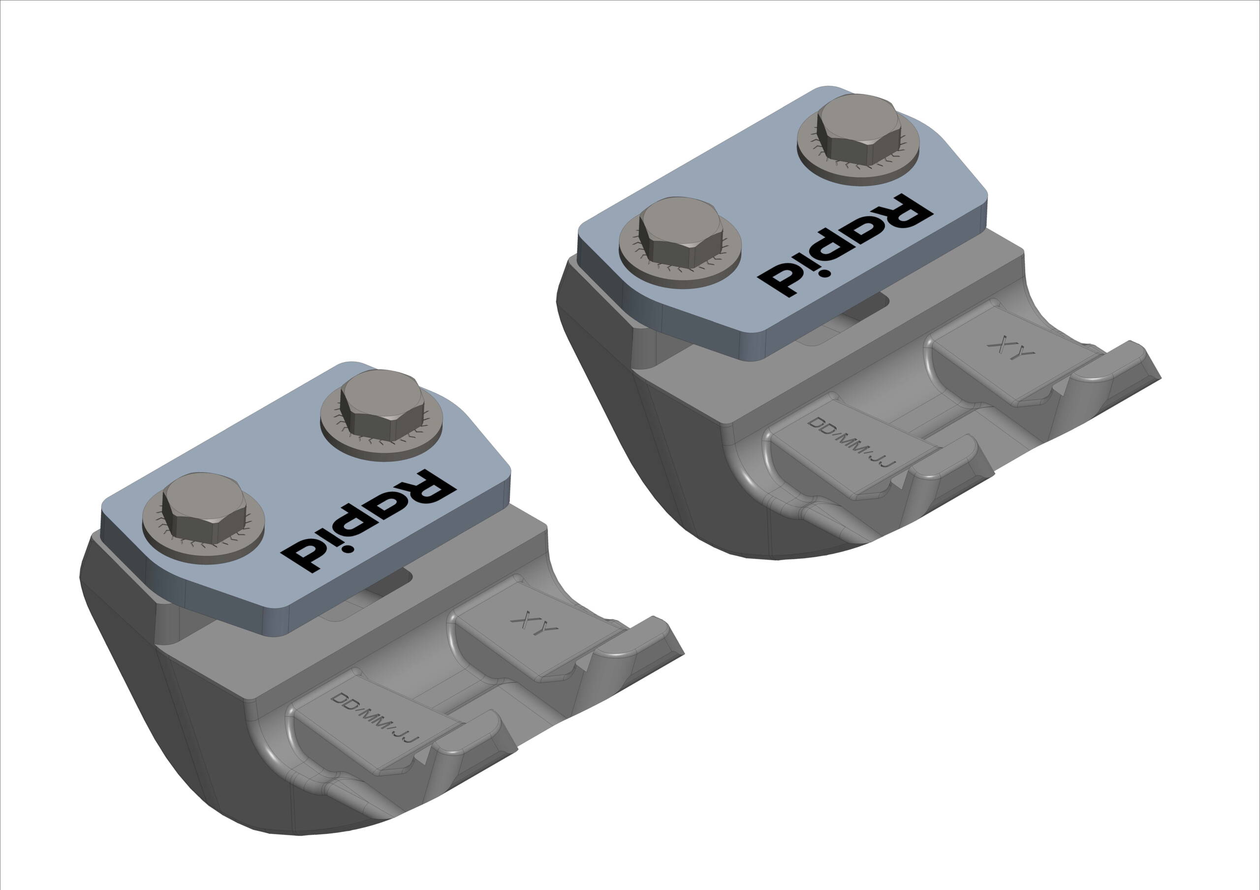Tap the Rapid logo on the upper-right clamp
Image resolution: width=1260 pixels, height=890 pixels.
click(x=845, y=245)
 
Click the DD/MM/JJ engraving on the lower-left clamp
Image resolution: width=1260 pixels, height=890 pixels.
click(x=376, y=717)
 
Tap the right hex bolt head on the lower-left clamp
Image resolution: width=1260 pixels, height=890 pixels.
click(x=382, y=405)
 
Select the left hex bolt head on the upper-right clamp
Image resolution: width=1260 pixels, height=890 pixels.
click(x=681, y=233)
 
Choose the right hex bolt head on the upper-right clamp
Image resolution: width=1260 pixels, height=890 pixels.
click(x=859, y=129)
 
